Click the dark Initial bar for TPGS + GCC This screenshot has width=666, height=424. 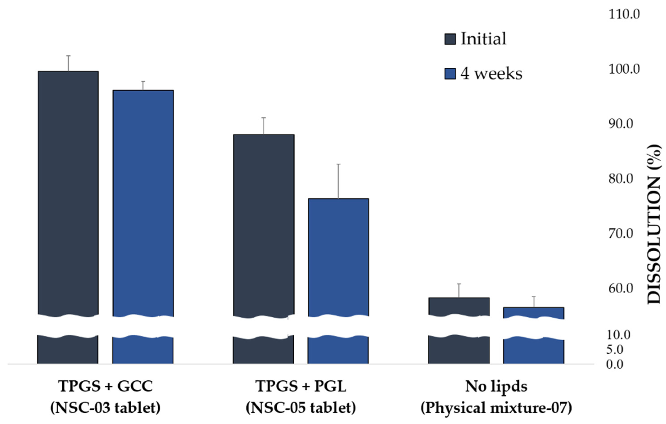coord(68,193)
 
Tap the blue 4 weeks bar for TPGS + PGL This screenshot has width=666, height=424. coord(338,257)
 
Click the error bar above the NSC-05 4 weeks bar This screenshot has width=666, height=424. coord(338,181)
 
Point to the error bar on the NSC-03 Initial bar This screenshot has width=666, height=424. coord(68,64)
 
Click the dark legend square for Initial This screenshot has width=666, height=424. coord(450,39)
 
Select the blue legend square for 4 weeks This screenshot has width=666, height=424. coord(450,74)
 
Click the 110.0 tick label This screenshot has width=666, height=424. coord(624,14)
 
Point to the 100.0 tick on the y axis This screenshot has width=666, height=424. coord(624,69)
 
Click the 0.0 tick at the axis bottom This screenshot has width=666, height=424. coord(614,365)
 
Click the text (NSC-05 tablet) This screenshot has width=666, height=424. coord(301,408)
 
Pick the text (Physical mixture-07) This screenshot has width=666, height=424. coord(496,408)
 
